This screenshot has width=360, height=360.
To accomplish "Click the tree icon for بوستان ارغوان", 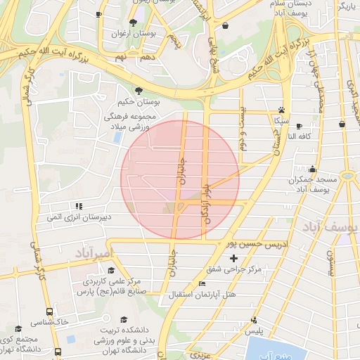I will coord(134,23).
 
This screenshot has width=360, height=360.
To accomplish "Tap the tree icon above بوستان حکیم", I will coord(140,91).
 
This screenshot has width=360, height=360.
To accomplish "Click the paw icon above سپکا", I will coord(282,110).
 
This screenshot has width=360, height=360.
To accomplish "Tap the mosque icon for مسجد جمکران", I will coord(312,169).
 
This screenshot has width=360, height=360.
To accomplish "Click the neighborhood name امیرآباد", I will coord(92,252).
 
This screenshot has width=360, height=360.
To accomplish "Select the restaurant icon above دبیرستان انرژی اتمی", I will coord(79,206).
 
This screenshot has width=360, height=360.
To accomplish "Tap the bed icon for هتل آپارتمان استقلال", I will coord(203,284).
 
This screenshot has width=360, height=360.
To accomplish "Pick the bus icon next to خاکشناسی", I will coord(49,311).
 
